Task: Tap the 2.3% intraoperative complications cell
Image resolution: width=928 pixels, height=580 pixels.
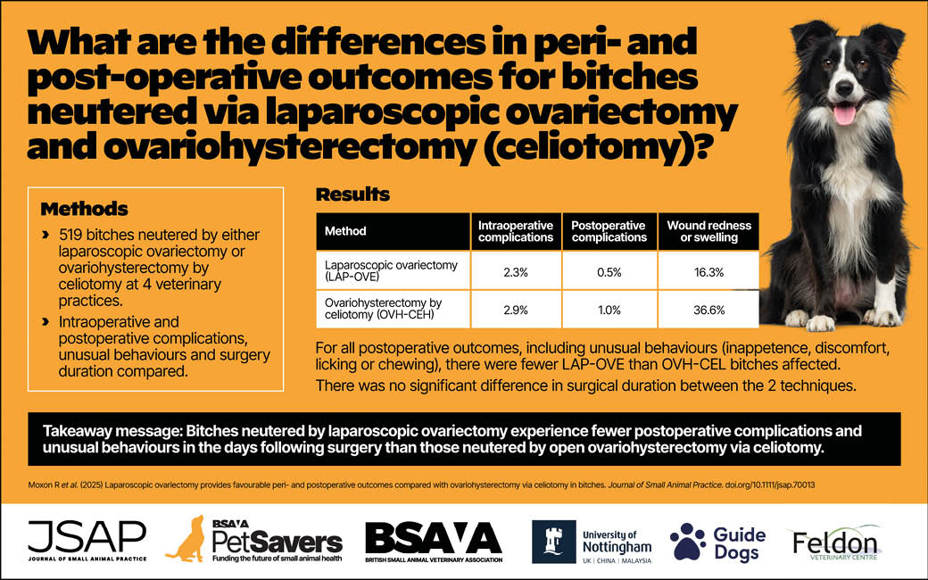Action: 516,270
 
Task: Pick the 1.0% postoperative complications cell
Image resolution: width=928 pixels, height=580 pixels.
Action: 609,310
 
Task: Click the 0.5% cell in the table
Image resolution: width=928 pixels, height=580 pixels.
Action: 609,270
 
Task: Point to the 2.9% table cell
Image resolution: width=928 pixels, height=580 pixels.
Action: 516,310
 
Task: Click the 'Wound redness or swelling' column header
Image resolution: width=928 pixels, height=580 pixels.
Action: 709,231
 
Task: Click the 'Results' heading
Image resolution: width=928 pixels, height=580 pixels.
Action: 352,195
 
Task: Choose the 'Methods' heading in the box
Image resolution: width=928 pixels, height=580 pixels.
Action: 85,210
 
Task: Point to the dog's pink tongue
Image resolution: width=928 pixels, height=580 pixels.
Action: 844,113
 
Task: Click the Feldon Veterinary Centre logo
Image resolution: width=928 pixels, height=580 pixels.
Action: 833,541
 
